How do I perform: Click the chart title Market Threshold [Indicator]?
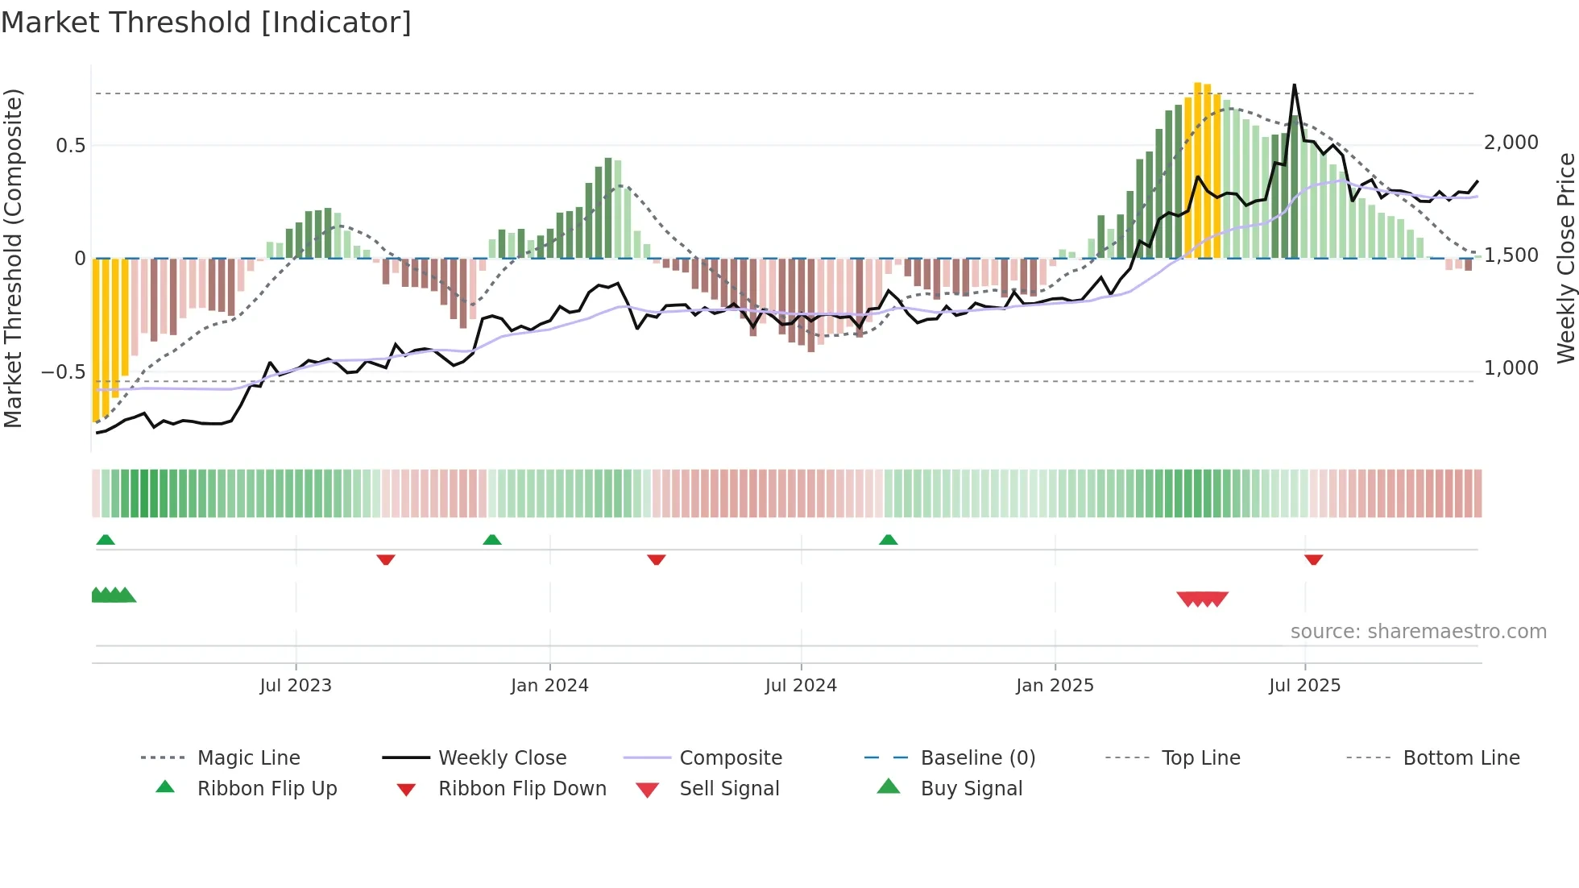(x=206, y=23)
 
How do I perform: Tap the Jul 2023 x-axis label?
(x=296, y=685)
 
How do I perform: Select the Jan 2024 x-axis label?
(x=549, y=685)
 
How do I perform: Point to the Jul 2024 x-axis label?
(x=801, y=685)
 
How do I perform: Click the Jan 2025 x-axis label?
(x=1055, y=685)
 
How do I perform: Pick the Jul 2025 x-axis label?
(x=1304, y=685)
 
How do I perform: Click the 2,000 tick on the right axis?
(x=1511, y=143)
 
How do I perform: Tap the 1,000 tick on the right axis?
(x=1511, y=368)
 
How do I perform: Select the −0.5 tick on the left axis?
(x=63, y=372)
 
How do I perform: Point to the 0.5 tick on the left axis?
(x=70, y=146)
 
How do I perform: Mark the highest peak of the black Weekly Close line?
(x=1295, y=85)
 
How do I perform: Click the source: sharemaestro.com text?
(x=1418, y=632)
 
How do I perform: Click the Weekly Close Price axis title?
(x=1565, y=258)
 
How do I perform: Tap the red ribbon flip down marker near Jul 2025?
(x=1313, y=559)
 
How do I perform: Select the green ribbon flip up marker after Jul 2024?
(x=888, y=540)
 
